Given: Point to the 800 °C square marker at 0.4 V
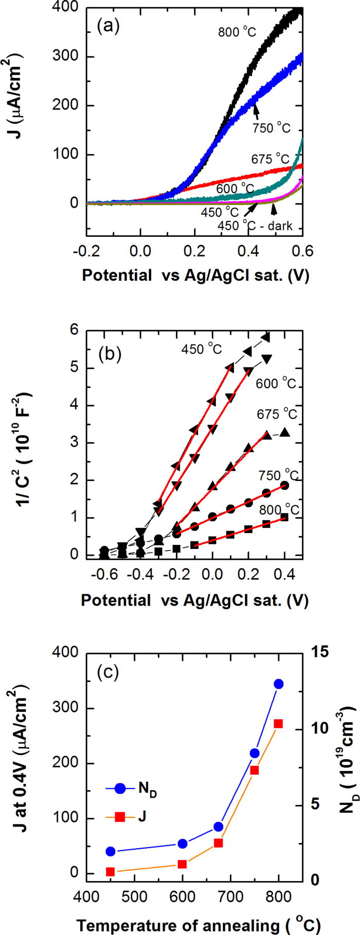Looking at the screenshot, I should [x=284, y=517].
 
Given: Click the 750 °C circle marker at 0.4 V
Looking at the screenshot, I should [x=284, y=485].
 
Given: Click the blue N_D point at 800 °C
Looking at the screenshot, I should [x=279, y=684].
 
